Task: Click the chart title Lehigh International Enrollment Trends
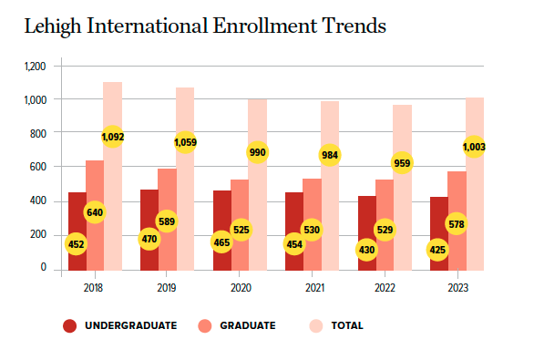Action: click(205, 26)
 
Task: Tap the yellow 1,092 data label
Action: click(113, 137)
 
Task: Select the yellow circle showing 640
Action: click(95, 212)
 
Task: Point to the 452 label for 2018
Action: click(77, 244)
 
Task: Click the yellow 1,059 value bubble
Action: click(185, 142)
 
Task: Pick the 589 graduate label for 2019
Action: click(167, 221)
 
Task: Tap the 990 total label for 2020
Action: click(258, 152)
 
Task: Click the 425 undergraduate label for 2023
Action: click(437, 249)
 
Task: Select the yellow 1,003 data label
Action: click(474, 147)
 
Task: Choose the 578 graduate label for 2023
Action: click(456, 223)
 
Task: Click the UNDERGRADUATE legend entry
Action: click(119, 325)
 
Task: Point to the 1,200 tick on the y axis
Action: click(35, 67)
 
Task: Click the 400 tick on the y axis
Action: click(37, 201)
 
